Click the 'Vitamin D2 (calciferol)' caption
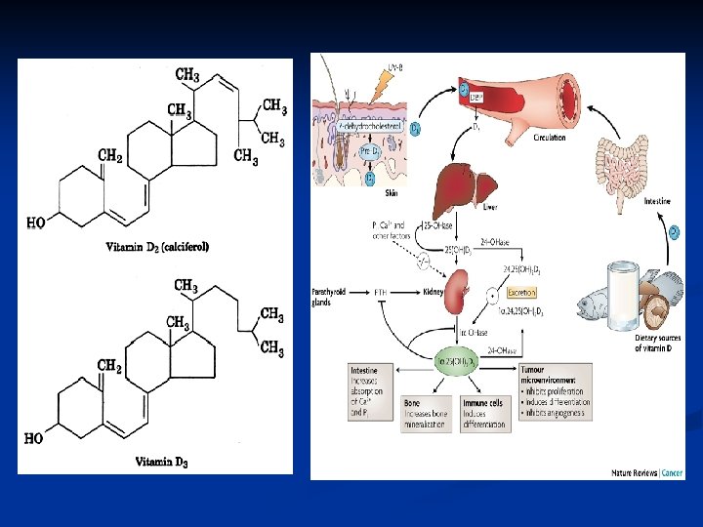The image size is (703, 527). point(157,247)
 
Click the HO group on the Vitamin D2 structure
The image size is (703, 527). point(35,223)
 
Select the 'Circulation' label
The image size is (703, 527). point(549,139)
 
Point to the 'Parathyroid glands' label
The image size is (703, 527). point(329,297)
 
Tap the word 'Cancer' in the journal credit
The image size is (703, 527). point(673,473)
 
